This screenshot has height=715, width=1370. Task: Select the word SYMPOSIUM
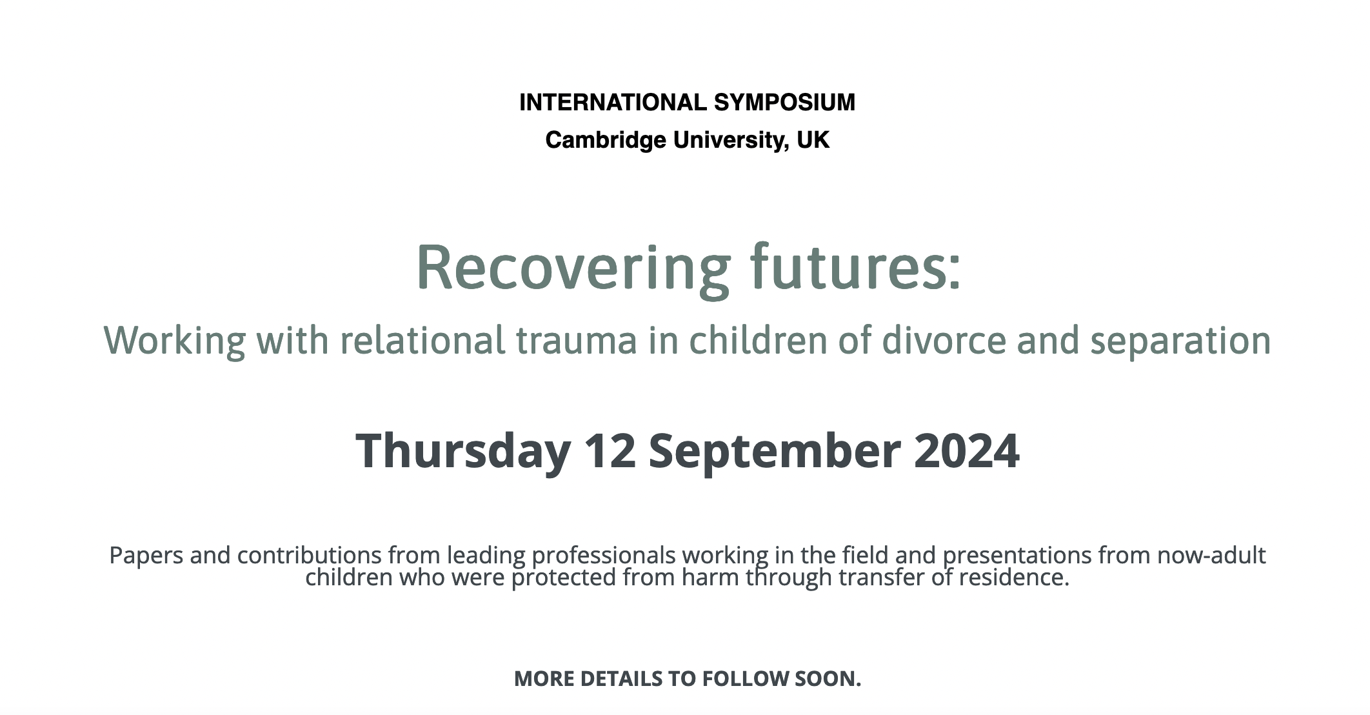coord(785,103)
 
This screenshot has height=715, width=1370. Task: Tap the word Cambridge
coord(606,141)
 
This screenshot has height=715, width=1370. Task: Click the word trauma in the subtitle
coord(577,341)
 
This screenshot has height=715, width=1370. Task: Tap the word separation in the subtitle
coord(1180,341)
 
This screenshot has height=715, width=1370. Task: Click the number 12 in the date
coord(610,450)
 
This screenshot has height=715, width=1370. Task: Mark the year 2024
coord(967,450)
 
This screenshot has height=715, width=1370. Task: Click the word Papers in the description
coord(146,556)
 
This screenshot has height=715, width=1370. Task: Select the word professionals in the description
coord(604,556)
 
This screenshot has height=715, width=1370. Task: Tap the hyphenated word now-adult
coord(1211,555)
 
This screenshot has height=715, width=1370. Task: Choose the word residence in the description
coord(1014,577)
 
